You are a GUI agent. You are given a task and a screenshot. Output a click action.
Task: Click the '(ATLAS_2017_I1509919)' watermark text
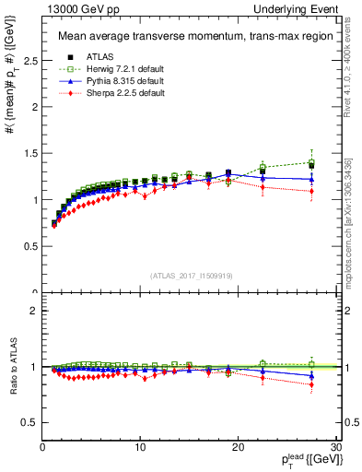pyautogui.click(x=191, y=276)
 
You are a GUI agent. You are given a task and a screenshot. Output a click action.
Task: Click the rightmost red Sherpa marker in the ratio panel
pyautogui.click(x=311, y=384)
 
